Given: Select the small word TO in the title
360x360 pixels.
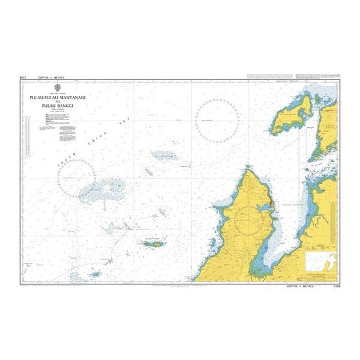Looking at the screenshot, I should coord(58,102).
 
